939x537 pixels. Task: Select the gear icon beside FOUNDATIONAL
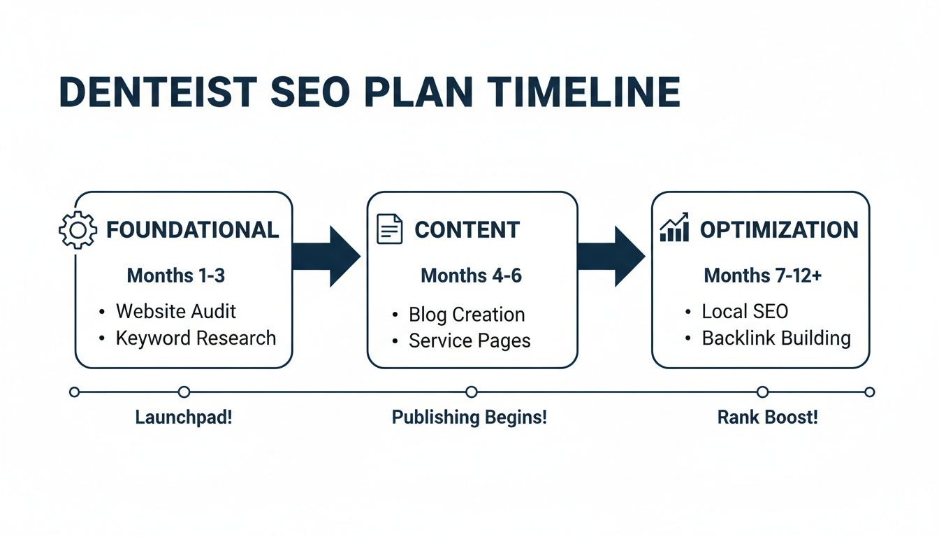pos(78,230)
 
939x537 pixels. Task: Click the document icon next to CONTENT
pos(390,229)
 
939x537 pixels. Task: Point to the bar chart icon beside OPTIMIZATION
pos(674,229)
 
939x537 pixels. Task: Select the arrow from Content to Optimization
pos(611,256)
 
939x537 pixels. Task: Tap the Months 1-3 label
pos(176,275)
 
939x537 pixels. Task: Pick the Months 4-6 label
pos(471,275)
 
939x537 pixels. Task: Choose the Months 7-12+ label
pos(763,275)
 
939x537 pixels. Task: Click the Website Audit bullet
pos(176,311)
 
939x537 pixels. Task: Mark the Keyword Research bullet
pos(196,338)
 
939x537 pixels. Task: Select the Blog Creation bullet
pos(467,315)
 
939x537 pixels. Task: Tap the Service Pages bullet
pos(469,341)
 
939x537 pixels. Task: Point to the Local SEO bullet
pos(745,311)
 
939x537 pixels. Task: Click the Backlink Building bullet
pos(776,338)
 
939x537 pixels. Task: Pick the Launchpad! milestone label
pos(184,418)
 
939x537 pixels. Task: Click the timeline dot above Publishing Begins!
pos(472,392)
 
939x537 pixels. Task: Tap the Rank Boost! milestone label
pos(767,418)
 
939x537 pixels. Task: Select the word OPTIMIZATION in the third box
pos(779,230)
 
